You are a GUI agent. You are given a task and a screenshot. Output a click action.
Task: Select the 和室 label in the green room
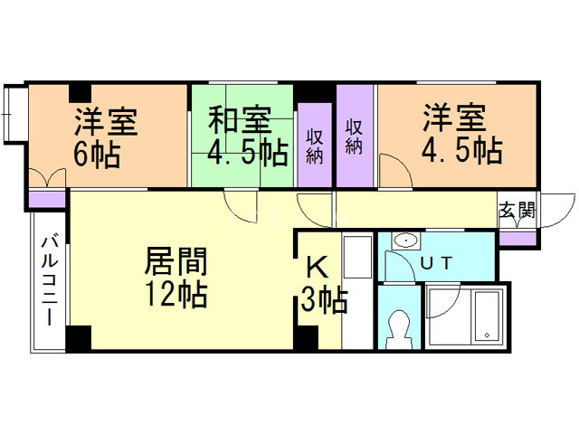pyautogui.click(x=240, y=119)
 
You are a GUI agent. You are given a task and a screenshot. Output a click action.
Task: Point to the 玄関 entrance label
pyautogui.click(x=517, y=212)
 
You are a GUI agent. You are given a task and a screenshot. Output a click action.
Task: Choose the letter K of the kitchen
pyautogui.click(x=317, y=268)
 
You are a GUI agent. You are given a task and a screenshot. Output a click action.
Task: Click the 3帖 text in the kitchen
pyautogui.click(x=324, y=299)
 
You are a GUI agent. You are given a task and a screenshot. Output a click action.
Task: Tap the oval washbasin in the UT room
pyautogui.click(x=406, y=241)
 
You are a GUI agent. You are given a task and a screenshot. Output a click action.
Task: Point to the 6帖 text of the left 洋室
pyautogui.click(x=96, y=155)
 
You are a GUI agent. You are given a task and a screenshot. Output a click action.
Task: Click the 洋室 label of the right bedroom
pyautogui.click(x=453, y=118)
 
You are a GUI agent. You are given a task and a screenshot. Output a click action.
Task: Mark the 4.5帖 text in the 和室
pyautogui.click(x=247, y=152)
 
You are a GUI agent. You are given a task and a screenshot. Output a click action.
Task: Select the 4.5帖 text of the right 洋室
pyautogui.click(x=461, y=150)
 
